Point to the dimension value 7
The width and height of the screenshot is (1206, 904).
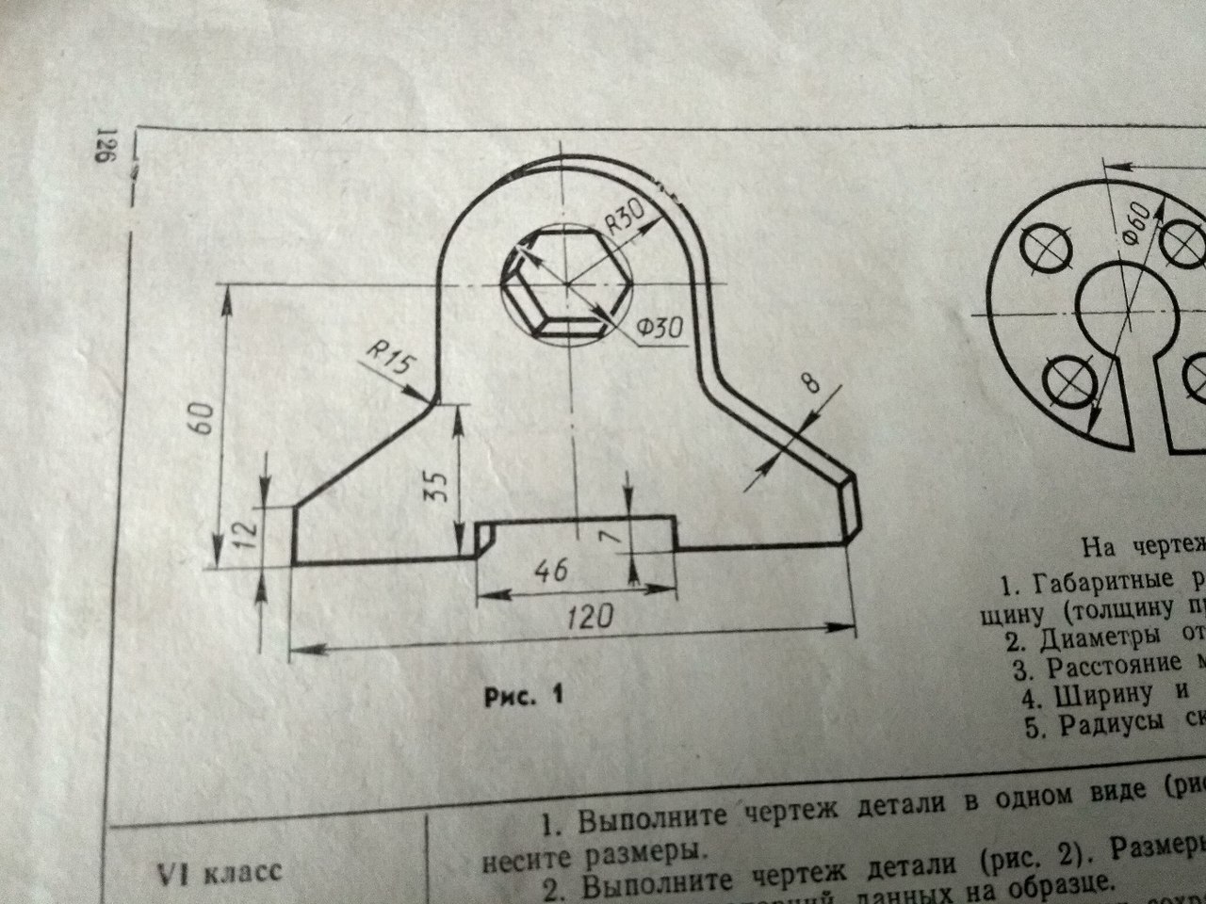point(610,535)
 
